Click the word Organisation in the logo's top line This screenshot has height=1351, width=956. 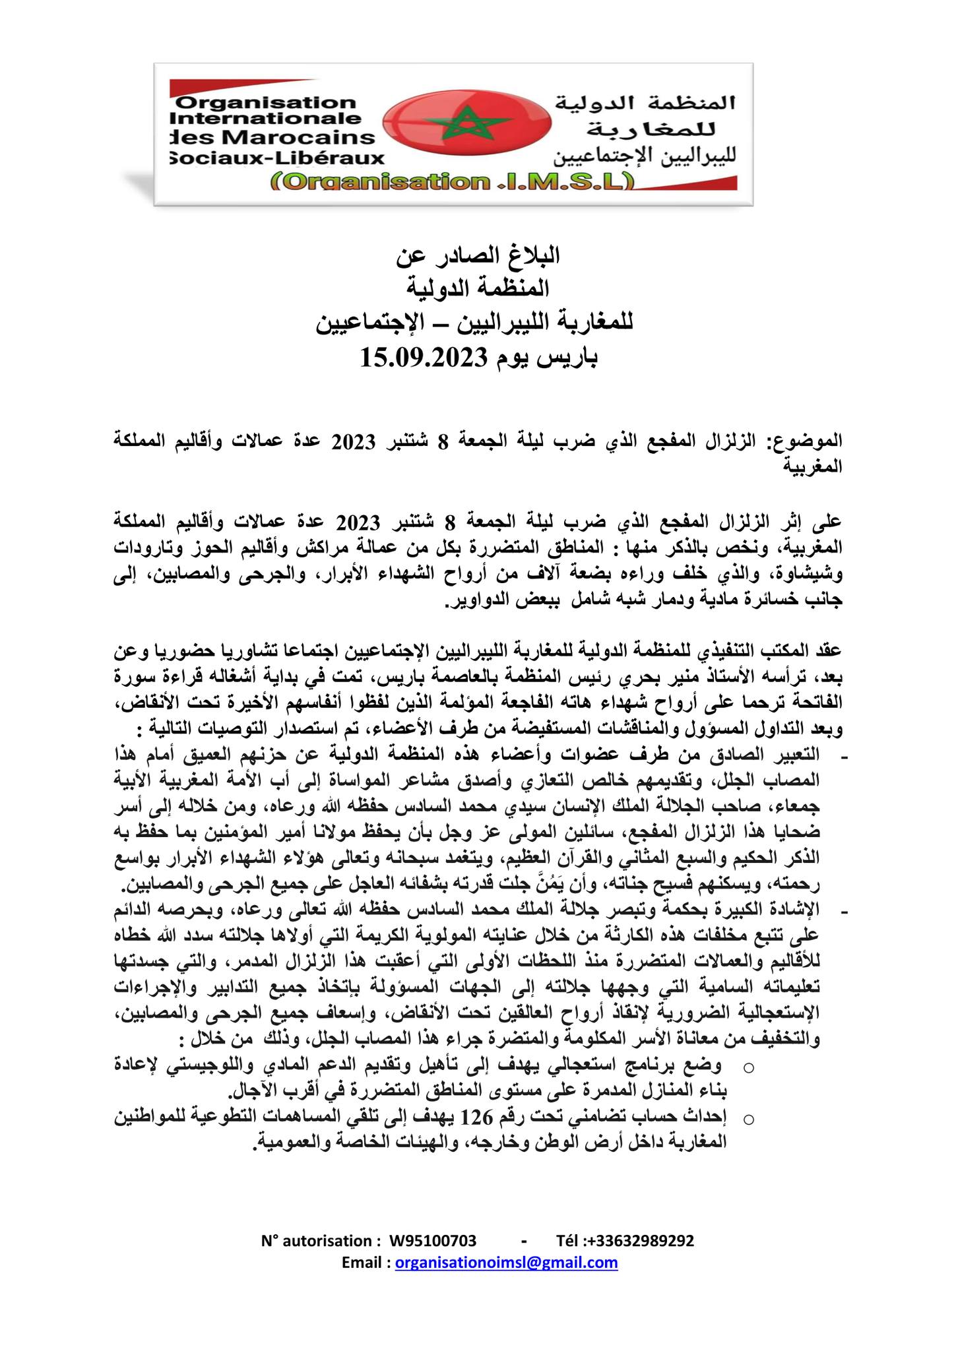[x=267, y=103]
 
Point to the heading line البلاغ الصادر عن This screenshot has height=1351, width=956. [x=478, y=254]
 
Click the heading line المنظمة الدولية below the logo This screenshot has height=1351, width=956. [x=478, y=288]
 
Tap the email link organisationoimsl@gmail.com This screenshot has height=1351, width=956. [x=507, y=1263]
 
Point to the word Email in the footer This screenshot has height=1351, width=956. [x=364, y=1263]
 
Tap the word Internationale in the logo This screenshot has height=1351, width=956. [x=265, y=120]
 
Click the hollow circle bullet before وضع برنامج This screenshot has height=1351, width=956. [x=748, y=1067]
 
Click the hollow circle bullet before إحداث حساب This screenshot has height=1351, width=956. [x=748, y=1118]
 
